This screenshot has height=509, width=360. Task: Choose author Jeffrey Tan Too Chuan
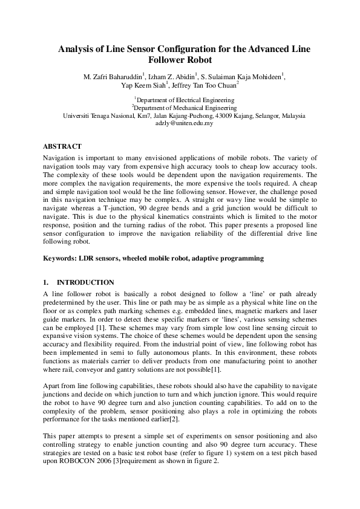tap(203, 86)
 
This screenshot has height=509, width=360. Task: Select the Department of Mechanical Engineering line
tap(183, 108)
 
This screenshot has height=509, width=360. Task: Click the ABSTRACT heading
tap(62, 146)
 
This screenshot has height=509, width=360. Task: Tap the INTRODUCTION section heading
tap(85, 282)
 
